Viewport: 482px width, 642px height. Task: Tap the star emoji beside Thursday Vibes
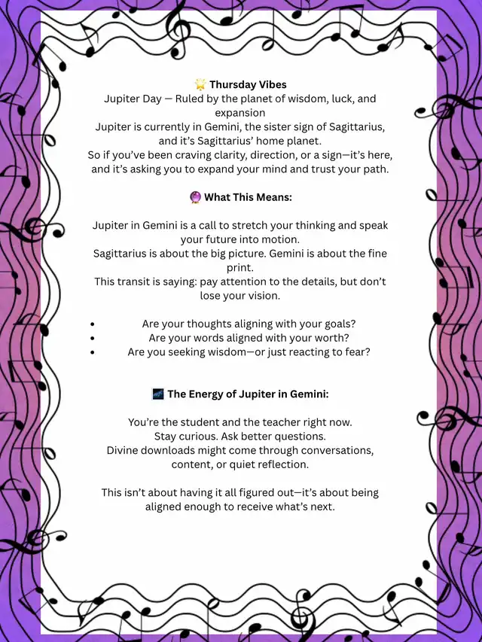[x=200, y=84]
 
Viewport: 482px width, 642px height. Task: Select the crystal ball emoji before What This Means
[x=196, y=197]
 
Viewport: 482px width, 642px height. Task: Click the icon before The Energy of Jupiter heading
[x=158, y=394]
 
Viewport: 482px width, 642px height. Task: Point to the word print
[x=241, y=267]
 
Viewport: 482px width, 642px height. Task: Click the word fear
[x=357, y=351]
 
